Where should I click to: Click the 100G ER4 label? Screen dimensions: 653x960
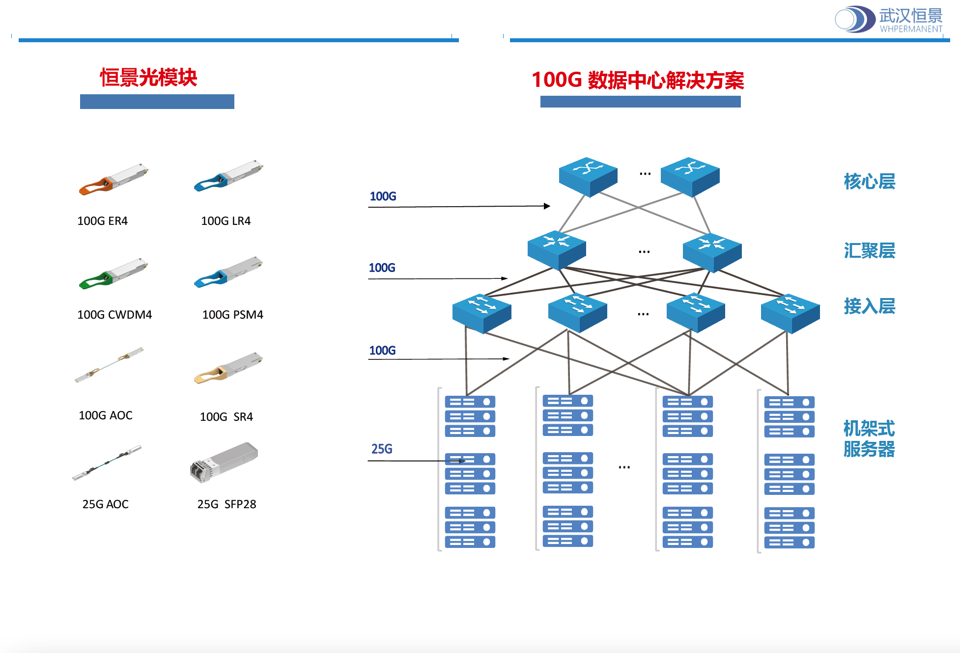[x=102, y=221]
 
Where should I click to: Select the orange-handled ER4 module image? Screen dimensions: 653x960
[x=113, y=179]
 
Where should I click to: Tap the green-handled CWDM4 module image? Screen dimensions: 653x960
[x=113, y=273]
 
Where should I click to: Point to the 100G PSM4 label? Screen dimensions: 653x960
[x=232, y=315]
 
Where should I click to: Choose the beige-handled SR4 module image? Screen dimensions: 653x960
[x=228, y=368]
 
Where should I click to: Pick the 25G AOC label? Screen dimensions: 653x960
[x=105, y=504]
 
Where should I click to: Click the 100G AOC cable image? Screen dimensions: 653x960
[x=109, y=365]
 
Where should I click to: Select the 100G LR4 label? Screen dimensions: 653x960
[x=226, y=221]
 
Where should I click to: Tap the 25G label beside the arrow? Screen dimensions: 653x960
[x=382, y=449]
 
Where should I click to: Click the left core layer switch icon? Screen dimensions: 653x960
[x=588, y=176]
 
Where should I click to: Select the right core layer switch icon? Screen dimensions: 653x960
[x=690, y=176]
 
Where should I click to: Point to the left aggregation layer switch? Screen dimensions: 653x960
[x=557, y=249]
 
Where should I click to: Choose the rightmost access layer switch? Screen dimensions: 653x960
[x=790, y=313]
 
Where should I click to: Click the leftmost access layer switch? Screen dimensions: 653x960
[x=481, y=313]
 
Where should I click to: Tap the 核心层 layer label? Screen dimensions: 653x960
[x=869, y=182]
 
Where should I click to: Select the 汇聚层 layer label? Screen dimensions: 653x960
[x=869, y=251]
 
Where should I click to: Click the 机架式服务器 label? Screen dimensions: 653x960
[x=869, y=438]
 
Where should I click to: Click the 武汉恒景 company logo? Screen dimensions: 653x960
[x=888, y=20]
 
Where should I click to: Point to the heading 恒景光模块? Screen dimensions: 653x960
[x=148, y=78]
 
